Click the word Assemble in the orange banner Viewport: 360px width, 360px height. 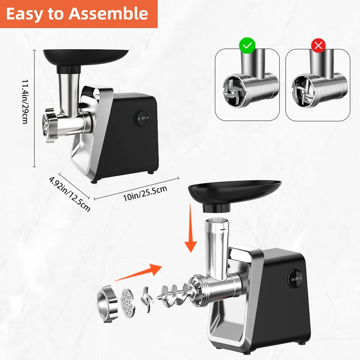[x=108, y=14]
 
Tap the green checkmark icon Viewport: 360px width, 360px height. [x=247, y=45]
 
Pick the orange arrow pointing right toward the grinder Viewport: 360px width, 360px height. [x=139, y=272]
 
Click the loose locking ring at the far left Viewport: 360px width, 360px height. [x=106, y=303]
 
